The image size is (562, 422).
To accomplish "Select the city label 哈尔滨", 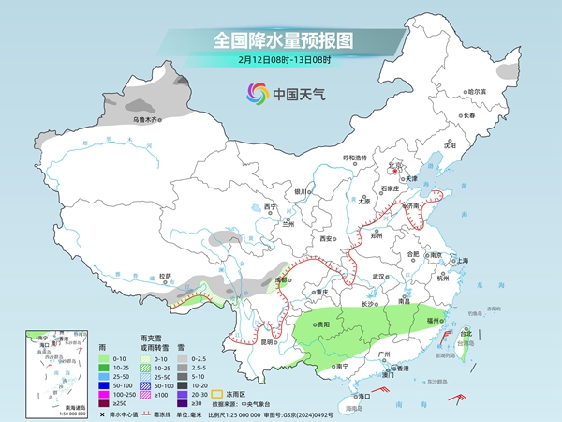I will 478,91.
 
